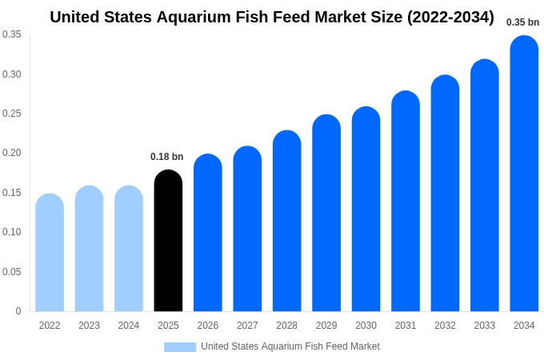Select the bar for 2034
(x=524, y=174)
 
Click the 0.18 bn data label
(x=166, y=157)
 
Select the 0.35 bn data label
(x=522, y=22)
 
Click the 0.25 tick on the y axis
(x=11, y=114)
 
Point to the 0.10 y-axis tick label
(x=11, y=232)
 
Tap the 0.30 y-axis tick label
(x=11, y=74)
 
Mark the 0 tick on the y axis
(x=18, y=311)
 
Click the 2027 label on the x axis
(x=247, y=326)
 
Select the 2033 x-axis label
(x=485, y=326)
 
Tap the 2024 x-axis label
(x=129, y=326)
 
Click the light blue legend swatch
(x=180, y=346)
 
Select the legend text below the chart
(x=290, y=346)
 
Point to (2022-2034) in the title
(x=450, y=17)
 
